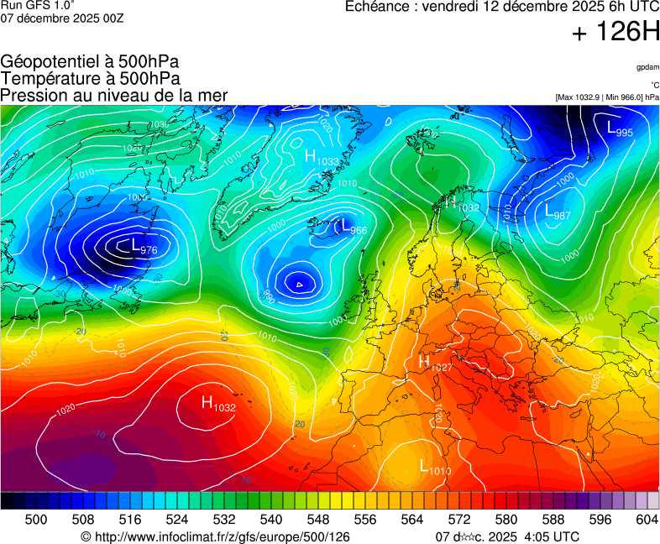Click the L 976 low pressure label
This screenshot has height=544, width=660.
[x=144, y=246]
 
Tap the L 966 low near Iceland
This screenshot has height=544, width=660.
[x=351, y=227]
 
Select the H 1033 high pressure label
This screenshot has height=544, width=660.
[x=322, y=157]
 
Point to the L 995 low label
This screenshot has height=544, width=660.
[x=620, y=128]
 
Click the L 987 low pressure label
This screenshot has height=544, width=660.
[x=558, y=212]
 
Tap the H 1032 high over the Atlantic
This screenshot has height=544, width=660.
[x=218, y=404]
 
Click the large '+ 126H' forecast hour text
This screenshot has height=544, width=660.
[x=615, y=33]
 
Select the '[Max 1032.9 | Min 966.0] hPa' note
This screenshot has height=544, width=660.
[x=606, y=97]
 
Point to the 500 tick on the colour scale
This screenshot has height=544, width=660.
[x=35, y=520]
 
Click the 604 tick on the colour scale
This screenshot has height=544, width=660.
[x=647, y=520]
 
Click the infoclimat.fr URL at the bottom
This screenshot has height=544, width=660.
[x=215, y=536]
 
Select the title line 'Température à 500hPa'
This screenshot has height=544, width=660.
[x=90, y=78]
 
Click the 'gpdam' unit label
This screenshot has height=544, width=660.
[x=647, y=66]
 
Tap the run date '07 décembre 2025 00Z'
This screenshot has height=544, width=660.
[x=62, y=18]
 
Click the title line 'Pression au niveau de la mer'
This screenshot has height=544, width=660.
[x=114, y=95]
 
